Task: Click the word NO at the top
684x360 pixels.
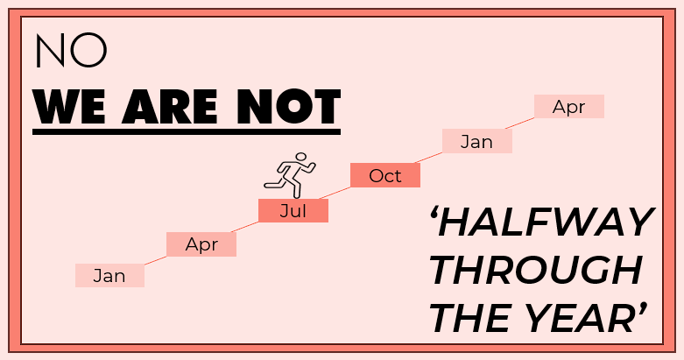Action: (71, 50)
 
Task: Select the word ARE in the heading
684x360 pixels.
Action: (170, 107)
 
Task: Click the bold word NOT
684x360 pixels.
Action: (288, 107)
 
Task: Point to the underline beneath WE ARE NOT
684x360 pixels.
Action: (187, 131)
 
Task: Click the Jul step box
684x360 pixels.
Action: (293, 211)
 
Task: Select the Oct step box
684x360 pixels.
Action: (385, 175)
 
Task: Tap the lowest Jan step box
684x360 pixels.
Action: (109, 275)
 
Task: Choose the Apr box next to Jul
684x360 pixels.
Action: (201, 244)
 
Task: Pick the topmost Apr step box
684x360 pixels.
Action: (569, 107)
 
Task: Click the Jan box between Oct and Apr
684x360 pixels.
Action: (477, 141)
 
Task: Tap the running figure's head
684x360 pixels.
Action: (300, 157)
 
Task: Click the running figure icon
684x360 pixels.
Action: (290, 175)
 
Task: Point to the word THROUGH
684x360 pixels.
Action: (536, 270)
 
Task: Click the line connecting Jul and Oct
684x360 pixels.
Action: (335, 193)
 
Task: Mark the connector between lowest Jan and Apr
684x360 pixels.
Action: (155, 260)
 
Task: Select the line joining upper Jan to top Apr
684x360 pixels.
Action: (520, 123)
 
